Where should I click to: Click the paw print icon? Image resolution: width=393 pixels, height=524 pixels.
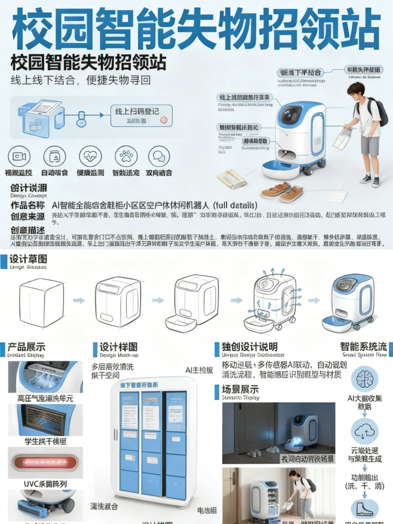[125, 157]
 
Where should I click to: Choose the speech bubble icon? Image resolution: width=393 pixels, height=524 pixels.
[159, 157]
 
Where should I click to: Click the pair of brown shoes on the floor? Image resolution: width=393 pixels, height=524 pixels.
[283, 191]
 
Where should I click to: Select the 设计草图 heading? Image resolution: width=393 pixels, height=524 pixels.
[30, 261]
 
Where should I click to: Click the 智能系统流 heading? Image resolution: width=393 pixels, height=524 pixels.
[363, 347]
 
